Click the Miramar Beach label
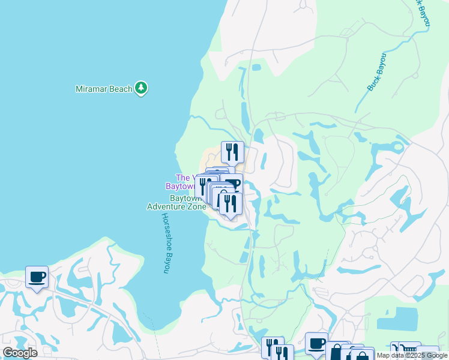(x=104, y=89)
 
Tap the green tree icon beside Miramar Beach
(x=141, y=89)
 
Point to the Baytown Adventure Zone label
(x=176, y=202)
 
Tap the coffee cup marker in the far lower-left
(x=37, y=277)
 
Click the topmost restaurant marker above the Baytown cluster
(x=232, y=152)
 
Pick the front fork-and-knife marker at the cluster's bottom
(x=231, y=204)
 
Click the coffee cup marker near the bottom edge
(x=316, y=344)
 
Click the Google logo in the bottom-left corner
(x=20, y=353)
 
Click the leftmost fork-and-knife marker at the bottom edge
(x=272, y=347)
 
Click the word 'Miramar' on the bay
(x=91, y=89)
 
